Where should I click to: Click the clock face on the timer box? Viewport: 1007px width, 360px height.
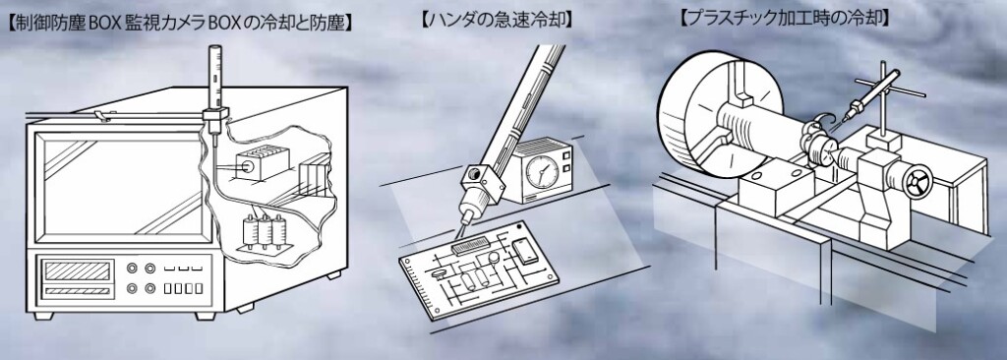pos(542,172)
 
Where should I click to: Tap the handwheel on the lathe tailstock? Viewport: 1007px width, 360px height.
pos(916,181)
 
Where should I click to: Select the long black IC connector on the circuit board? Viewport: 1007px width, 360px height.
pos(471,245)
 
